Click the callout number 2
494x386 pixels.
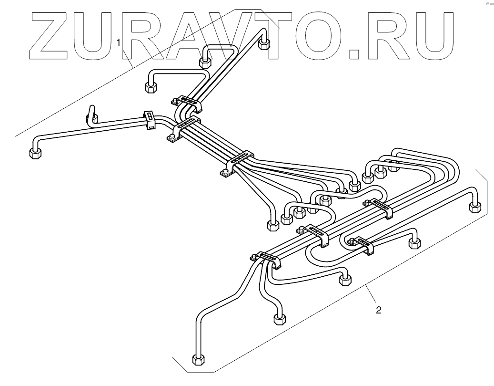[378, 311]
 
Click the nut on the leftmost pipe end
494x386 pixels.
[34, 154]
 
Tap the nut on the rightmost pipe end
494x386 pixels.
[475, 207]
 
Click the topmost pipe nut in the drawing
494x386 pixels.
[264, 44]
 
